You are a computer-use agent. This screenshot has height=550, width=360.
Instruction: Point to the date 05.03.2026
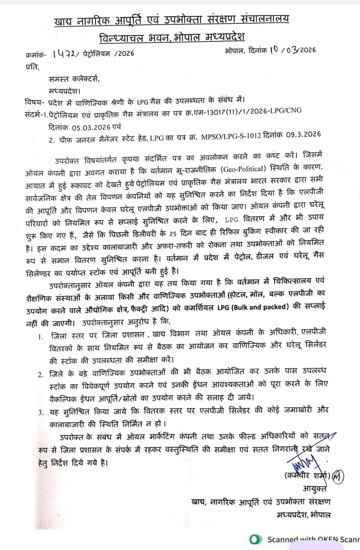click(x=91, y=127)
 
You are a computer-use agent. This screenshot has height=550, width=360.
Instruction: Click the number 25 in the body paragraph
click(x=173, y=233)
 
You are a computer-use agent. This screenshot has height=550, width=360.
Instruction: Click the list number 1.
click(x=41, y=337)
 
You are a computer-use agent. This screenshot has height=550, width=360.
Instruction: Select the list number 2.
click(x=41, y=374)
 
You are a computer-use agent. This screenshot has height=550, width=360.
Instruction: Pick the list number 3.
click(x=41, y=412)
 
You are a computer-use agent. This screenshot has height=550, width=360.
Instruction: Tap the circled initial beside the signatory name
click(x=338, y=477)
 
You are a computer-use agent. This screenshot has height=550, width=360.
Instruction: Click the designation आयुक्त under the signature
click(x=315, y=488)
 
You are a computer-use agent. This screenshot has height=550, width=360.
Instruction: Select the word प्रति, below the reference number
click(x=33, y=68)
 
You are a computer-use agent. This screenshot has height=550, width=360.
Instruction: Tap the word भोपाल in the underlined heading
click(x=187, y=37)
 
